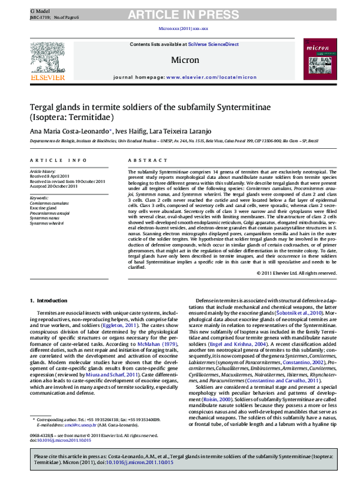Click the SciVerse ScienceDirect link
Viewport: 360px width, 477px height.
[x=213, y=44]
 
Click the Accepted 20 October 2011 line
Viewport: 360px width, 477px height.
[x=55, y=185]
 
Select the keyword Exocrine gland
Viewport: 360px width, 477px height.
[x=46, y=208]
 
